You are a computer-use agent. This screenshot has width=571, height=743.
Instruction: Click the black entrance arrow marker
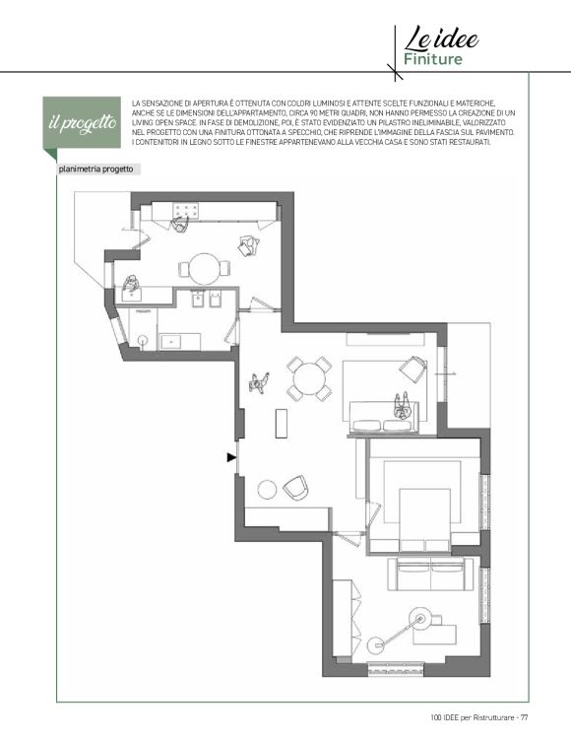pyautogui.click(x=231, y=457)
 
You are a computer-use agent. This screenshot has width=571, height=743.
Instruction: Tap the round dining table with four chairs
pyautogui.click(x=309, y=378)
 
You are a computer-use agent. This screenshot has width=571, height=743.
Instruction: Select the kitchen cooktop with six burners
pyautogui.click(x=186, y=211)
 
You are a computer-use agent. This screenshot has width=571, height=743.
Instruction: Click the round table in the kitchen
pyautogui.click(x=204, y=269)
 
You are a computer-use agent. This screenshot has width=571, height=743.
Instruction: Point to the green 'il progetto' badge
pyautogui.click(x=82, y=123)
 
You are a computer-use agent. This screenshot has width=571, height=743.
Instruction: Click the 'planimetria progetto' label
pyautogui.click(x=96, y=169)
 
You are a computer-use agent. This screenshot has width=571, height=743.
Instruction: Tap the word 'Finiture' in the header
pyautogui.click(x=433, y=59)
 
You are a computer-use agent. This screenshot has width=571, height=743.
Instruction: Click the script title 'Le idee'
pyautogui.click(x=441, y=38)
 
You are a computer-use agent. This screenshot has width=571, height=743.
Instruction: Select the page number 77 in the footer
pyautogui.click(x=525, y=717)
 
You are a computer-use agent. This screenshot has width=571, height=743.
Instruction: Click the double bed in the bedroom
pyautogui.click(x=424, y=520)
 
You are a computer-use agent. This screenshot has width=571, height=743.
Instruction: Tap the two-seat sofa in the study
pyautogui.click(x=430, y=574)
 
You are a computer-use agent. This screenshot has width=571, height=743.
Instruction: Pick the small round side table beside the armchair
pyautogui.click(x=267, y=490)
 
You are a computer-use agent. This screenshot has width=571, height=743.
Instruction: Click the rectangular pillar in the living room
pyautogui.click(x=282, y=423)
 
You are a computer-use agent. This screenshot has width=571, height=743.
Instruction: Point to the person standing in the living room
pyautogui.click(x=259, y=382)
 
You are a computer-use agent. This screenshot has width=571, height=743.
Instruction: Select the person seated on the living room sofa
pyautogui.click(x=403, y=407)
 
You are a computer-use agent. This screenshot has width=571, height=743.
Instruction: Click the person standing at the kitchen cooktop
pyautogui.click(x=180, y=224)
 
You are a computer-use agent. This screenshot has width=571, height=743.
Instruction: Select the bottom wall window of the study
pyautogui.click(x=396, y=669)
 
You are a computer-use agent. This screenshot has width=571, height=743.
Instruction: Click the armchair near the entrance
pyautogui.click(x=296, y=488)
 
